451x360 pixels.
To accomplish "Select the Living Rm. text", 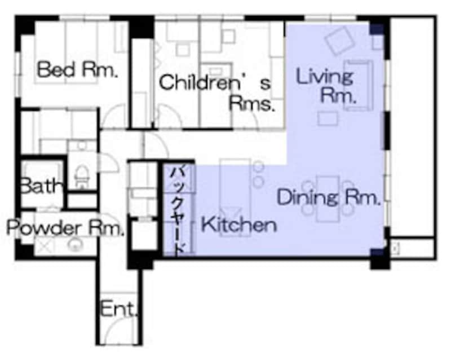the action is (326, 85).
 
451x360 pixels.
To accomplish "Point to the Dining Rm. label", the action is (328, 197).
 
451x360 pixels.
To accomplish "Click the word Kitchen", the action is (238, 225).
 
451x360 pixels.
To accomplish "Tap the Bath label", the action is (42, 186).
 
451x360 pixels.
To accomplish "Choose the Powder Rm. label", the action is (65, 228).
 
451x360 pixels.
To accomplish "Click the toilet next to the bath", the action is (81, 175).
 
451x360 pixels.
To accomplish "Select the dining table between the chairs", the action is (328, 199).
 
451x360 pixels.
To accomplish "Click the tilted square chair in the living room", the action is (339, 41).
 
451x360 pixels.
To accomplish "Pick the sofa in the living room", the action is (358, 85).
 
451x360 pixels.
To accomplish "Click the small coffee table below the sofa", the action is (328, 118).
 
